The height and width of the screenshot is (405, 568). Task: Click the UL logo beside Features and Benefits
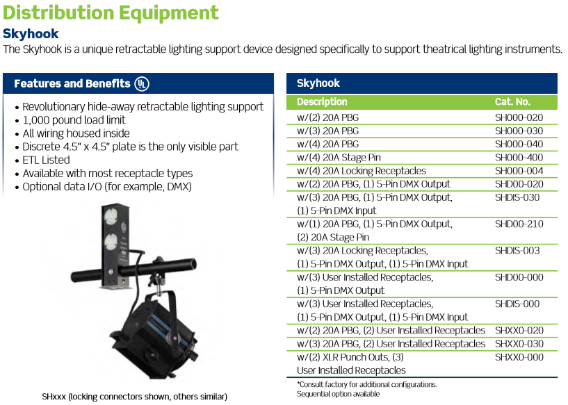(x=142, y=83)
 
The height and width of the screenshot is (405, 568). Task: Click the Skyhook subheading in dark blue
(x=31, y=33)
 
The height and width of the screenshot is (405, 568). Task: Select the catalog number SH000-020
(x=519, y=117)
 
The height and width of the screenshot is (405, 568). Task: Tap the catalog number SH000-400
(x=519, y=158)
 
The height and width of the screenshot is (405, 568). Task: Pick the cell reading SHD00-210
(x=519, y=224)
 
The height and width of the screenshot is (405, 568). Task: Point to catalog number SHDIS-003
(x=517, y=251)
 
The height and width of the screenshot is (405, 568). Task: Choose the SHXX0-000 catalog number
(x=519, y=357)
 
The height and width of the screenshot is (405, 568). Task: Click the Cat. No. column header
(x=512, y=101)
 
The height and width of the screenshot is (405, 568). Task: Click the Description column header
(x=322, y=101)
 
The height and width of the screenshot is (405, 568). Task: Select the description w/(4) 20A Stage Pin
(x=339, y=158)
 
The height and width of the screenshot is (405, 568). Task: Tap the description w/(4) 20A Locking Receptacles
(x=362, y=171)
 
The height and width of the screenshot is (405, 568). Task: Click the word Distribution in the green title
(x=58, y=13)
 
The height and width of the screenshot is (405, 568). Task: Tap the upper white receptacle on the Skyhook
(x=111, y=217)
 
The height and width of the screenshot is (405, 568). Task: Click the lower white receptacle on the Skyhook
(x=111, y=242)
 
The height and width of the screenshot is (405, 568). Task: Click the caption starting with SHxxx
(x=134, y=397)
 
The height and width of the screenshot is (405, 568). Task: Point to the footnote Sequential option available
(x=339, y=394)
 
